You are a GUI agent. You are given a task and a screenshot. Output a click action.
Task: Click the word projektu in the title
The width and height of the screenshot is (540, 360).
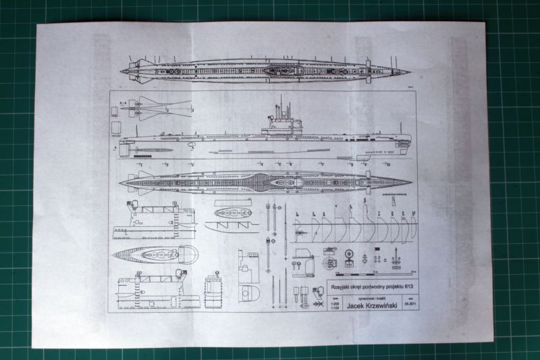click(x=391, y=287)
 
